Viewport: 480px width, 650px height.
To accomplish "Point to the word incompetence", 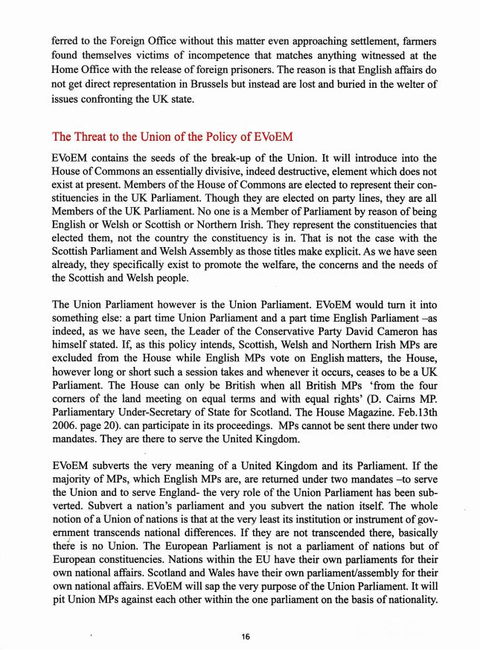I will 188,51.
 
